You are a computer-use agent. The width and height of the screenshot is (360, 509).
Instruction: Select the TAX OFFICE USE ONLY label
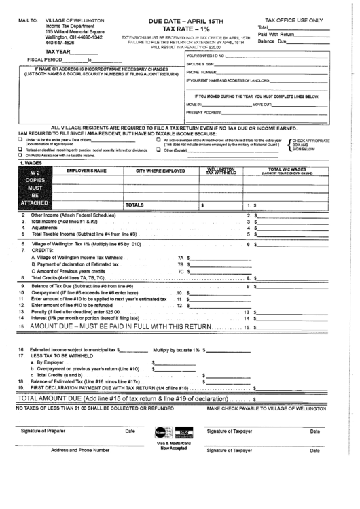(293, 21)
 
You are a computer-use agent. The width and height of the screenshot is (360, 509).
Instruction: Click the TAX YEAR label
(58, 52)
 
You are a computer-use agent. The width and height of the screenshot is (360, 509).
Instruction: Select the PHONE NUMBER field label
(201, 71)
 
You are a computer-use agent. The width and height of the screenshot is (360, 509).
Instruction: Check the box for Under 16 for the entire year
(20, 140)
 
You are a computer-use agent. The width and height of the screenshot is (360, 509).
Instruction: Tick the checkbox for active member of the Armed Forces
(158, 140)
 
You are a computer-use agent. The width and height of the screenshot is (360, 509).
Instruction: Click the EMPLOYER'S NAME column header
(86, 171)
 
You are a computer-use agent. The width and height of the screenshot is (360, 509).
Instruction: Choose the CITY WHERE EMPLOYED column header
(160, 171)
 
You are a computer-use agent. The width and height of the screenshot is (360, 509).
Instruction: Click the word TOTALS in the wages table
(134, 204)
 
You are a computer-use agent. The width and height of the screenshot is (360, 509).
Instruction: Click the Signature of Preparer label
(49, 432)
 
